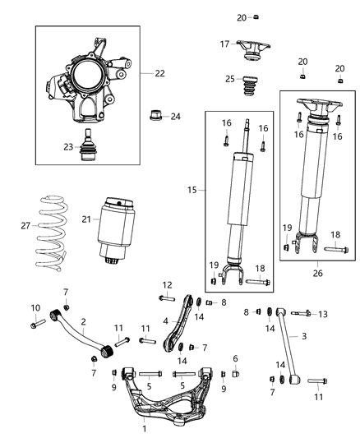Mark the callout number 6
[x=234, y=358]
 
